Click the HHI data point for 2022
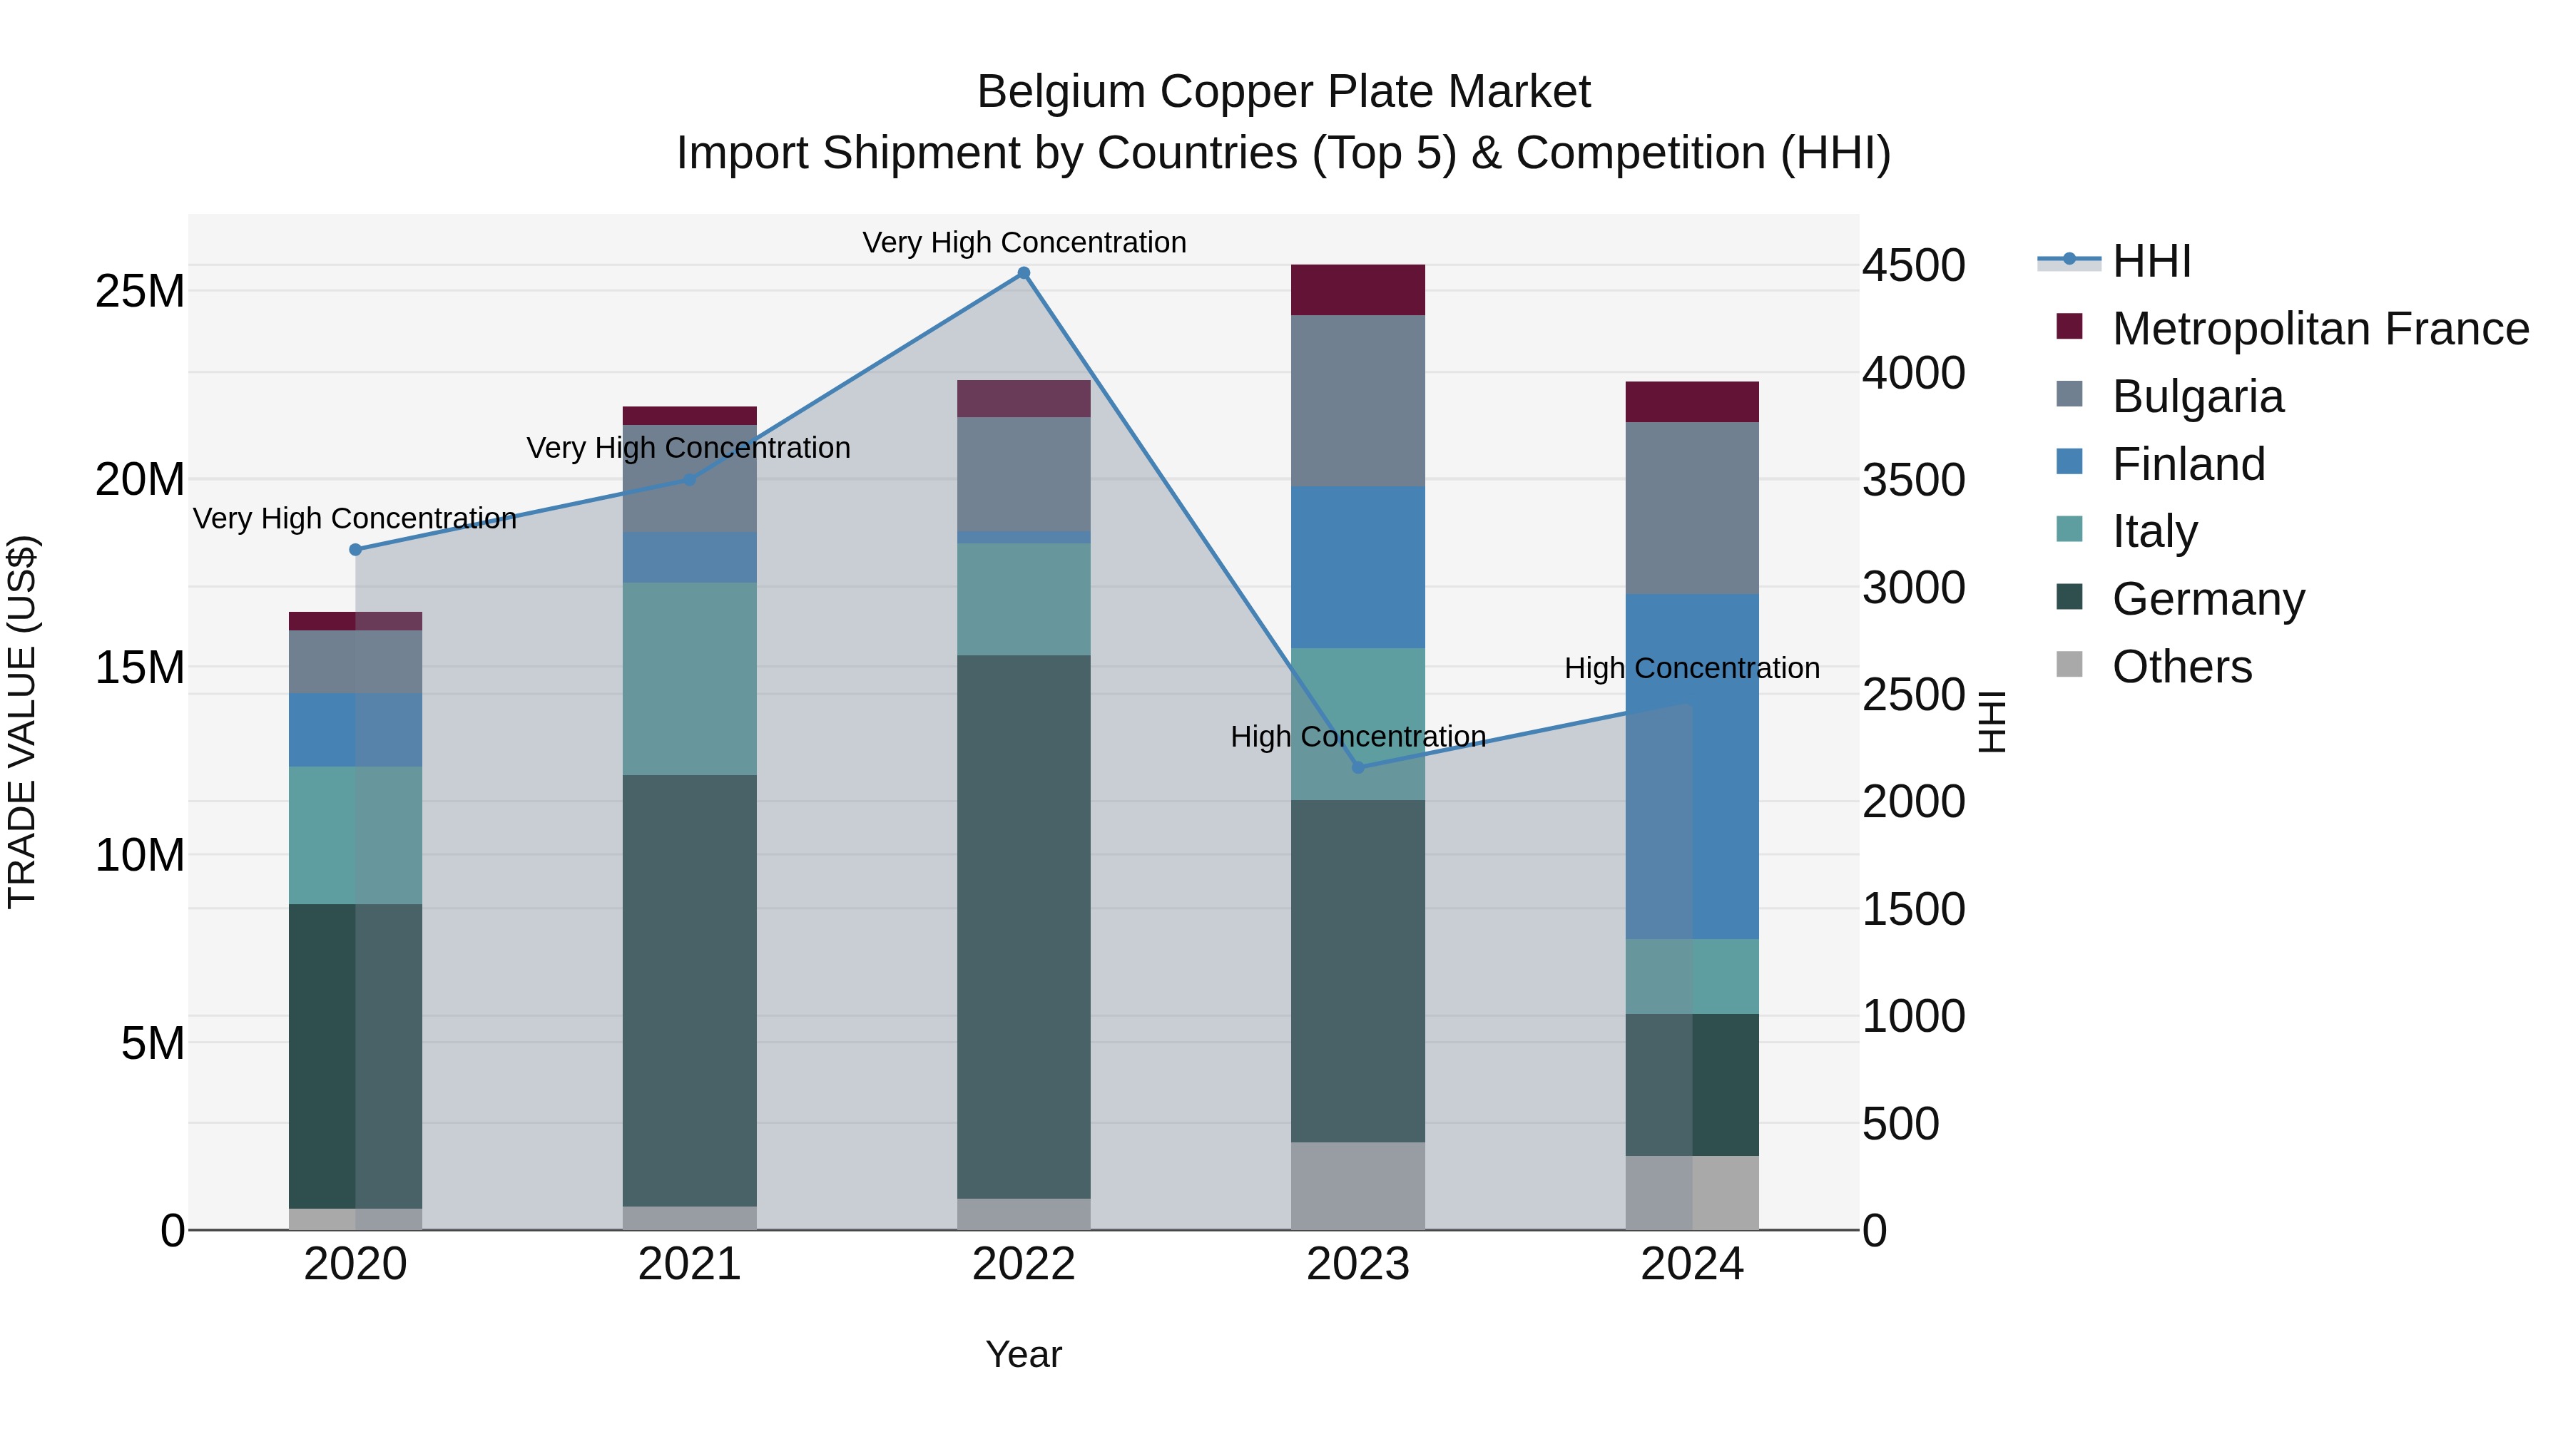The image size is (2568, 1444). pyautogui.click(x=1024, y=273)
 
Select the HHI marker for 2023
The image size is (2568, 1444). pyautogui.click(x=1357, y=767)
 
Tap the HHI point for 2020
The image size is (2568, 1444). pyautogui.click(x=356, y=550)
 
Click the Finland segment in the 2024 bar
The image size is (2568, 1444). pyautogui.click(x=1692, y=767)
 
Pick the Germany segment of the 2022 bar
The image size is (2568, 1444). pyautogui.click(x=1024, y=927)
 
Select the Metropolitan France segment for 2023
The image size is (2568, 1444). pyautogui.click(x=1357, y=290)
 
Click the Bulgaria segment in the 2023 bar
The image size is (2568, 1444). pyautogui.click(x=1357, y=401)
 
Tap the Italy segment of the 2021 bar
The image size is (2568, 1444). pyautogui.click(x=690, y=679)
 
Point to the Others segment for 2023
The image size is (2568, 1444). pyautogui.click(x=1357, y=1186)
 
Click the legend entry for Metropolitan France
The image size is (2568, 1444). pyautogui.click(x=2320, y=329)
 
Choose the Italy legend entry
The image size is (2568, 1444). pyautogui.click(x=2154, y=531)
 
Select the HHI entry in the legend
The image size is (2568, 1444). pyautogui.click(x=2151, y=261)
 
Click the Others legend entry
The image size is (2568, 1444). pyautogui.click(x=2181, y=667)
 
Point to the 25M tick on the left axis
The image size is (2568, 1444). pyautogui.click(x=140, y=292)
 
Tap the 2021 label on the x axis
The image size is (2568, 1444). pyautogui.click(x=690, y=1264)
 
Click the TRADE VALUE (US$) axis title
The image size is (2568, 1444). pyautogui.click(x=22, y=722)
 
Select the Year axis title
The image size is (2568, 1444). pyautogui.click(x=1024, y=1354)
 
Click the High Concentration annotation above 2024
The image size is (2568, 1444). pyautogui.click(x=1692, y=667)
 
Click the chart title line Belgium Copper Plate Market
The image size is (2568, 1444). pyautogui.click(x=1283, y=92)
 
